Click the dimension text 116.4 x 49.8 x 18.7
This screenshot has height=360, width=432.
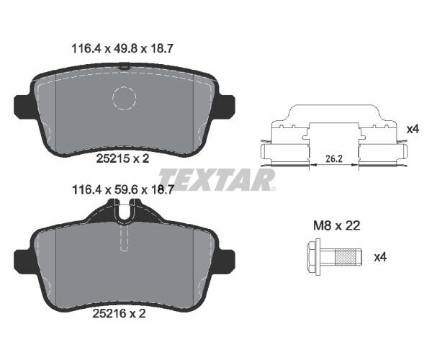click(123, 49)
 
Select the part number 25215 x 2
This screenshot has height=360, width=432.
click(123, 160)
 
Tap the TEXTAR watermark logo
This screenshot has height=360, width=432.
click(216, 179)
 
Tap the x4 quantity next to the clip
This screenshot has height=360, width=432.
click(413, 128)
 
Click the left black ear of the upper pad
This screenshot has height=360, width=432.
click(22, 105)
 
